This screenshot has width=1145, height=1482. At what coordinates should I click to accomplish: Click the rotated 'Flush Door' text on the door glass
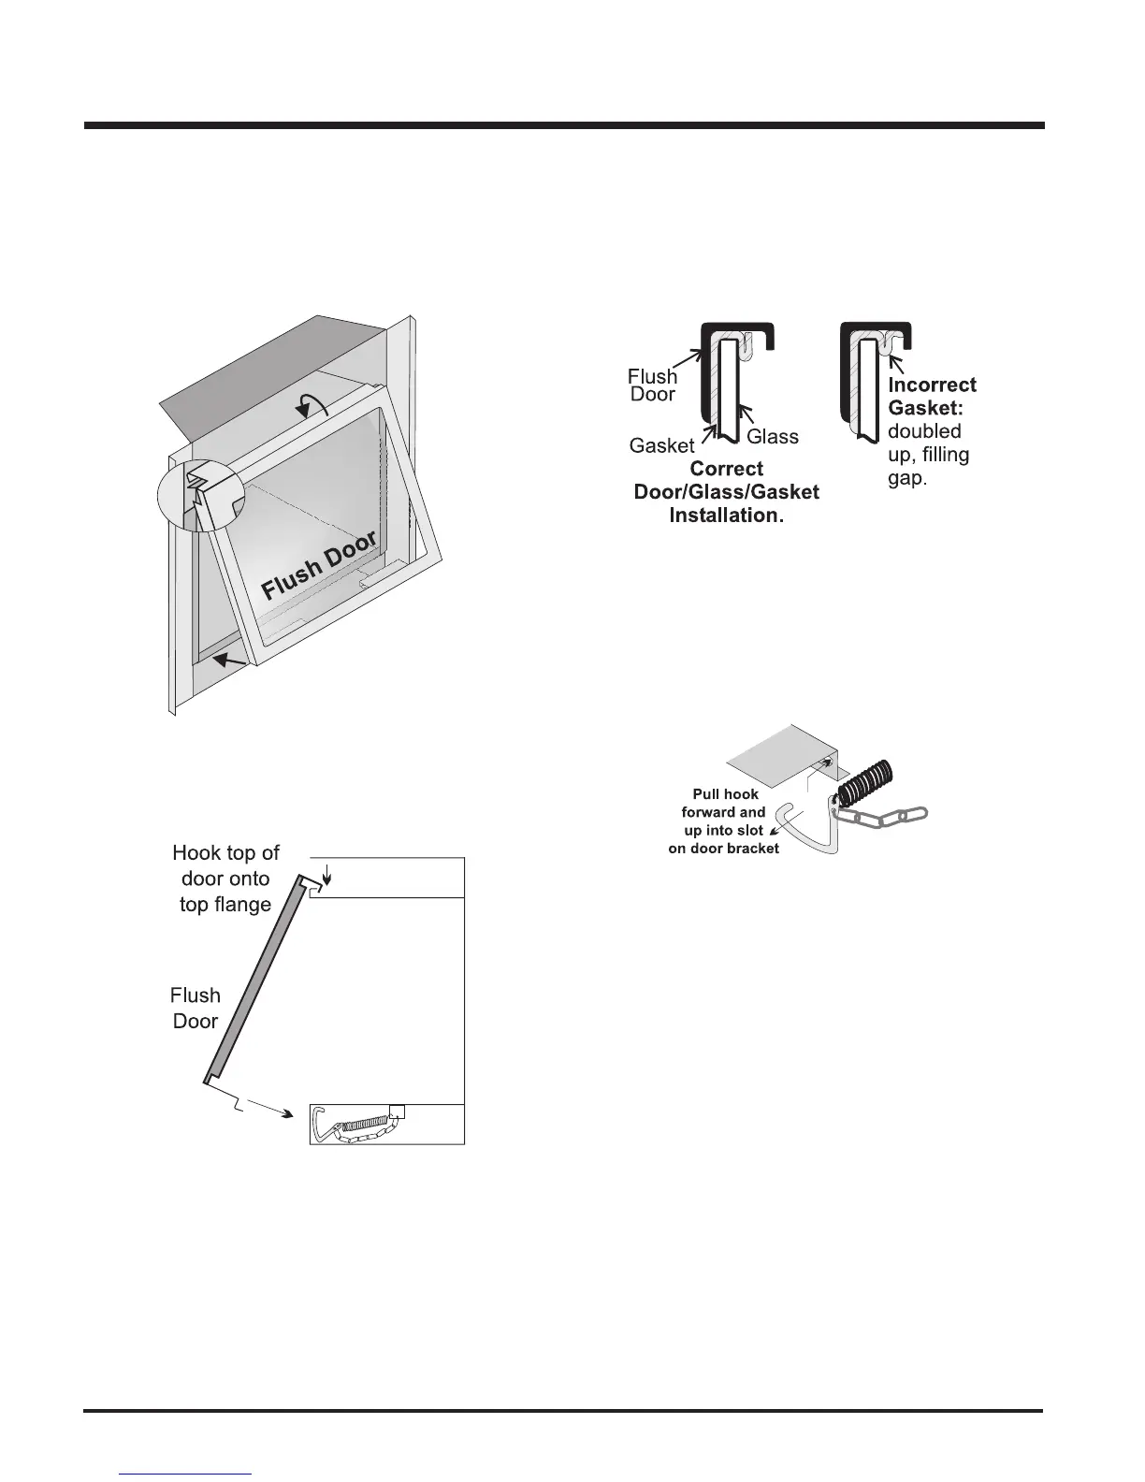click(x=319, y=565)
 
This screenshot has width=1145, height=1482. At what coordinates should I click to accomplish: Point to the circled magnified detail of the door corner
click(x=201, y=496)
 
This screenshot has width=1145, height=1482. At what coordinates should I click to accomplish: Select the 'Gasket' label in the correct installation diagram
click(x=661, y=445)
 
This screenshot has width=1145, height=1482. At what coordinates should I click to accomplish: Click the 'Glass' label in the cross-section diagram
click(x=773, y=436)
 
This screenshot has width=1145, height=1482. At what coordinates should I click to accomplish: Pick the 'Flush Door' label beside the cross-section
click(x=652, y=385)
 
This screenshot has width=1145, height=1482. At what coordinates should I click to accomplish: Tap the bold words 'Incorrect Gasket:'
click(x=931, y=397)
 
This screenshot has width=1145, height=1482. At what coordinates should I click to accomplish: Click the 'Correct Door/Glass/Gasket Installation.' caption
click(x=726, y=492)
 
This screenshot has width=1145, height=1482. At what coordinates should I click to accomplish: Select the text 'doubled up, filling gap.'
click(x=928, y=455)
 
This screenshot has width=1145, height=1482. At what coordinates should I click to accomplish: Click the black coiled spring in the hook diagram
click(x=864, y=783)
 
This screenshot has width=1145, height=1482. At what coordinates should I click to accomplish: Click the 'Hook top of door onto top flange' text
click(x=225, y=879)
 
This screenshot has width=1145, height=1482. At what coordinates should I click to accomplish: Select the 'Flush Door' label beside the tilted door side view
click(x=196, y=1008)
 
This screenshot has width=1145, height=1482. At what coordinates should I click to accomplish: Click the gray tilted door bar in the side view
click(x=256, y=979)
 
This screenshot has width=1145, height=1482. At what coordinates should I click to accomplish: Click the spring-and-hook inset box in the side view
click(x=386, y=1124)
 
